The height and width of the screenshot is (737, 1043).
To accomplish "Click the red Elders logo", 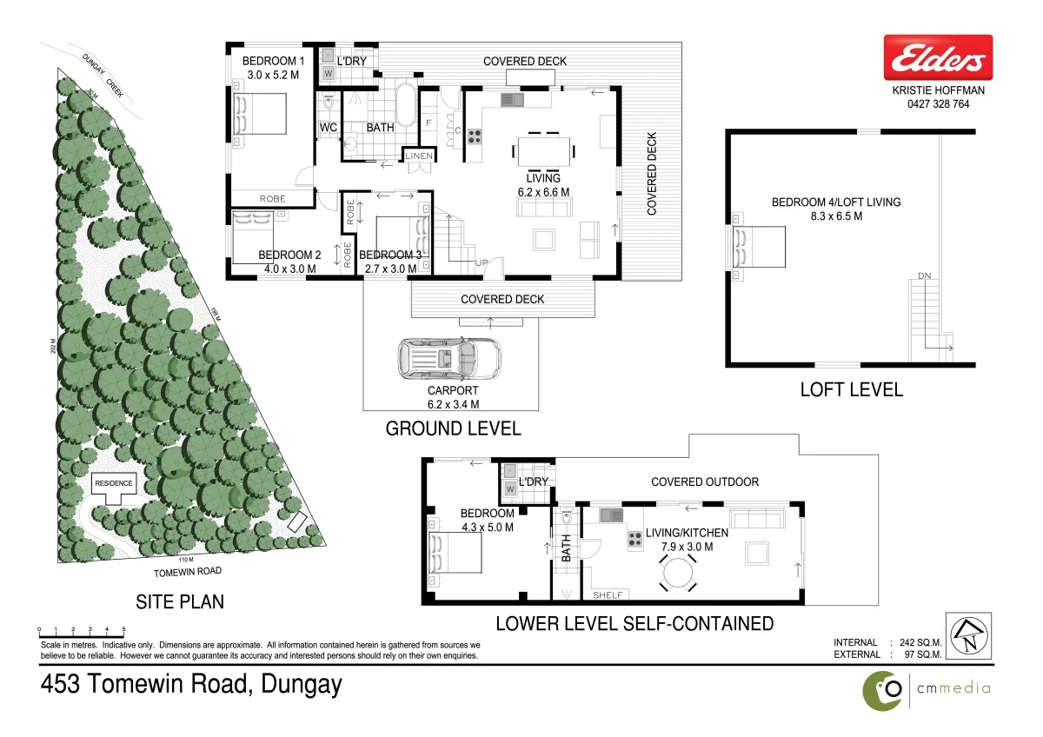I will coord(938,57).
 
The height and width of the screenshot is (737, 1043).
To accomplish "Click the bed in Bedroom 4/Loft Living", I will coord(761,246).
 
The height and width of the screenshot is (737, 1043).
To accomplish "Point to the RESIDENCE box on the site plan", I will coord(114,483).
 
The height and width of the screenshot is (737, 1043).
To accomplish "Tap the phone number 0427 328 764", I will coord(938,104).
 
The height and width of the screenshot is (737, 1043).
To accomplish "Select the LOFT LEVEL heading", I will coord(851,389).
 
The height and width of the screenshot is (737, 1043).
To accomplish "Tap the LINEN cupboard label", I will coord(418,156).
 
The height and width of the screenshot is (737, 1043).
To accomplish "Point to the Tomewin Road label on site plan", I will coord(187,571).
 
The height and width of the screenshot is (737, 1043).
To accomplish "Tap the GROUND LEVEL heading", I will coord(453,428).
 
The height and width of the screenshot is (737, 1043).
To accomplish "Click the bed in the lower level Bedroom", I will coord(455,553).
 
